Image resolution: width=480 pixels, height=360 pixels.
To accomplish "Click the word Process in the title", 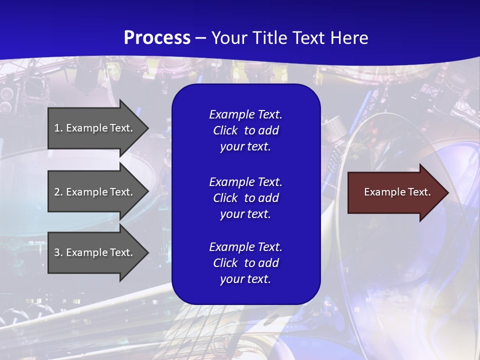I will click(157, 38).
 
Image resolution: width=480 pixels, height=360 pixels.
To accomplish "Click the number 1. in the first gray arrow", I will click(58, 128).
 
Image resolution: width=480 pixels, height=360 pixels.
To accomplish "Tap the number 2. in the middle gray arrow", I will click(58, 192).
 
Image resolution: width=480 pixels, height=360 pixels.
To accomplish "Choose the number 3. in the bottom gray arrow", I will click(58, 252).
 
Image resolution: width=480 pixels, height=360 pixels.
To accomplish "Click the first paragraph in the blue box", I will click(245, 130).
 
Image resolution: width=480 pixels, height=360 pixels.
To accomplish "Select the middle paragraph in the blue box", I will click(245, 198).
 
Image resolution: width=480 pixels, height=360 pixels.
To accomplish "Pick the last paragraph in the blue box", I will click(245, 263).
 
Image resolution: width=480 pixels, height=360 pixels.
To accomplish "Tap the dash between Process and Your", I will click(200, 38).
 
